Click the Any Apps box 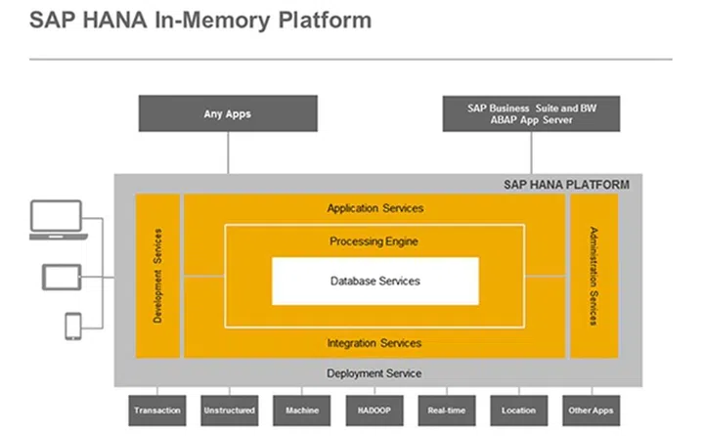[x=228, y=113]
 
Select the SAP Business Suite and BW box [x=532, y=113]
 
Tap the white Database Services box [x=374, y=281]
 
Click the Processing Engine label [x=374, y=240]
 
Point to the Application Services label [x=374, y=208]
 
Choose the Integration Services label [x=374, y=343]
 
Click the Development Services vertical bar [x=157, y=275]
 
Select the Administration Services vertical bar [x=594, y=275]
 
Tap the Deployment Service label [x=374, y=373]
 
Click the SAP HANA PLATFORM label [x=566, y=184]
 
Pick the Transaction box [x=157, y=411]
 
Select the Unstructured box [x=230, y=411]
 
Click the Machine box [x=302, y=411]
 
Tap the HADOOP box [x=374, y=411]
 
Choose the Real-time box [x=447, y=411]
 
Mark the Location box [x=519, y=411]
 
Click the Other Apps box [x=592, y=411]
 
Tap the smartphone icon [x=73, y=327]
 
